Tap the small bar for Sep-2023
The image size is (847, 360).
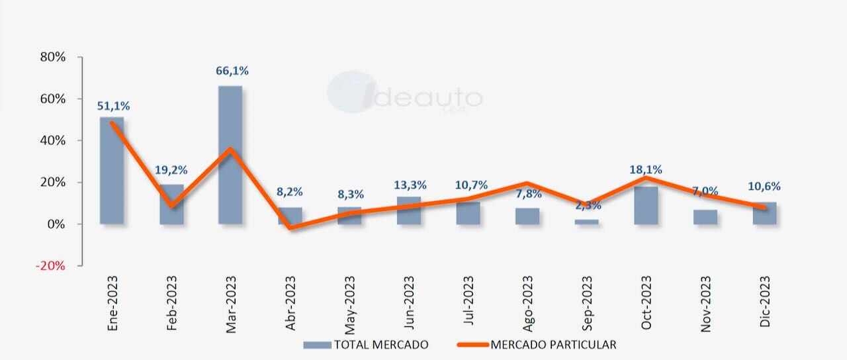[586, 222]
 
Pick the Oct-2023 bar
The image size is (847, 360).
[646, 205]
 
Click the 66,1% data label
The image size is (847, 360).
[232, 71]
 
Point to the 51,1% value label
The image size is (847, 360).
[113, 105]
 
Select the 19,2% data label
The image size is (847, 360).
[171, 169]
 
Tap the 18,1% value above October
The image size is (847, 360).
[647, 170]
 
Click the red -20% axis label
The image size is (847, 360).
[51, 266]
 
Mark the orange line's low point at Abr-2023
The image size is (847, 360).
[290, 228]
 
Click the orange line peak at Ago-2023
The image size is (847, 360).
[527, 183]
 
